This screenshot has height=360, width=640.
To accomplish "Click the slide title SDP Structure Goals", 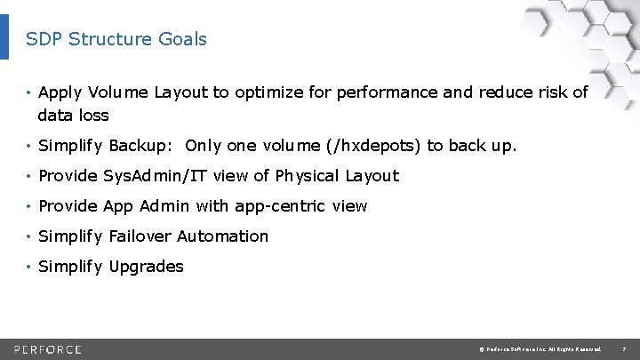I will (116, 39).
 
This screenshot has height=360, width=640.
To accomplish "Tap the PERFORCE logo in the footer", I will (48, 348).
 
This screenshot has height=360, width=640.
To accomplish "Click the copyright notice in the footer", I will (540, 348).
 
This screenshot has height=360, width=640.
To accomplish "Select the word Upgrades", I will (146, 267).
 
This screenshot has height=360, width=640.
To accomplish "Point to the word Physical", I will (305, 176).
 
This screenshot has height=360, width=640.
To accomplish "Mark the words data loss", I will (73, 116).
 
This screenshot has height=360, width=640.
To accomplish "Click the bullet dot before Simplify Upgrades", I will (29, 267).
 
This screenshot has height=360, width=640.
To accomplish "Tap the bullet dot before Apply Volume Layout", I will (29, 92).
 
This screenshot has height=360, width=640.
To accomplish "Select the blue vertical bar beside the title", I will (4, 36).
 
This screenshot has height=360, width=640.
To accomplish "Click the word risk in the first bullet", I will (552, 92).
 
